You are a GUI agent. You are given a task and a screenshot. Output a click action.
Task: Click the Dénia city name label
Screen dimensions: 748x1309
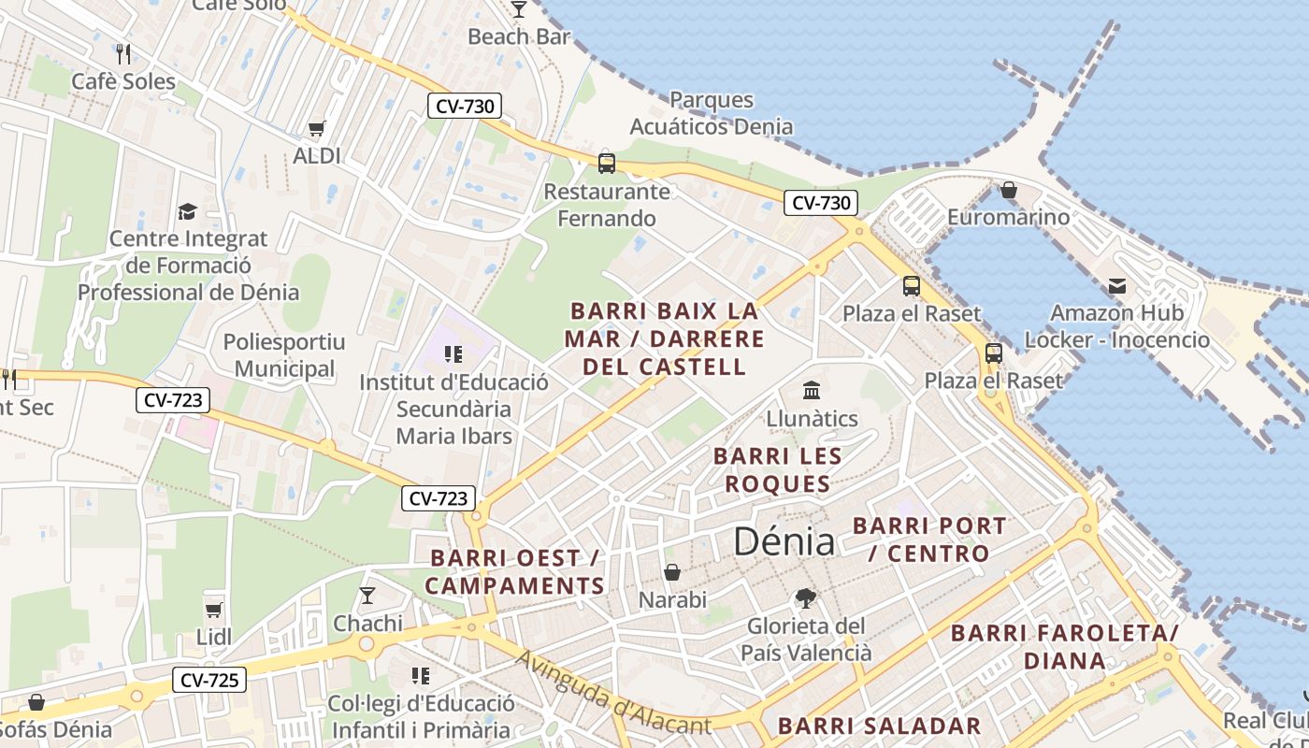point(784,541)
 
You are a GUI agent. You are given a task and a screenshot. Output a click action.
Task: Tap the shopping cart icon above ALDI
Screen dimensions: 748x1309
point(317,128)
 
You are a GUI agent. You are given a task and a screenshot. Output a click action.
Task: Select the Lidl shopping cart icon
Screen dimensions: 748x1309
point(214,610)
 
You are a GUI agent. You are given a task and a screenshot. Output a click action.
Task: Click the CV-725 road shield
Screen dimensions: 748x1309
point(209,680)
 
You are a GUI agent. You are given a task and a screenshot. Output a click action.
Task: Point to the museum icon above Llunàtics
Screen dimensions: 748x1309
point(812,390)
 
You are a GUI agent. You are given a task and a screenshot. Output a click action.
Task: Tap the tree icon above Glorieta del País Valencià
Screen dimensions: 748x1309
point(805,597)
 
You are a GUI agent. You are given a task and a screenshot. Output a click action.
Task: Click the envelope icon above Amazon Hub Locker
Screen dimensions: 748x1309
point(1116,285)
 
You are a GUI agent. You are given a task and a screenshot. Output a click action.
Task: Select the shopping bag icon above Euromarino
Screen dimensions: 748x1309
point(1008,190)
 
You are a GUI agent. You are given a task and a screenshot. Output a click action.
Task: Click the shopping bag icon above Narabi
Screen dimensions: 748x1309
point(671,571)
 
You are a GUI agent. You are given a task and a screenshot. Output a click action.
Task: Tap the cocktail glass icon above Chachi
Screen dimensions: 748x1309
point(367,596)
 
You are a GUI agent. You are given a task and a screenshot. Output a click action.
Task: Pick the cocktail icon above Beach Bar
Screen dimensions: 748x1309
point(519,9)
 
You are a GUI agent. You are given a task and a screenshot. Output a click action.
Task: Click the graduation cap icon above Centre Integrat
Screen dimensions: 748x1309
point(188,211)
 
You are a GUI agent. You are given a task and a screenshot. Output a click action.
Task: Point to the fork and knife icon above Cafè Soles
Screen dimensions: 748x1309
point(122,53)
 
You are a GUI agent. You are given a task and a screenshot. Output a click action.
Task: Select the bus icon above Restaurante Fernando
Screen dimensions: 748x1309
point(607,164)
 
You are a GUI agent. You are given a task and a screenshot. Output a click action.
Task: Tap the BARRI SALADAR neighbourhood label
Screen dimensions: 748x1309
point(879,726)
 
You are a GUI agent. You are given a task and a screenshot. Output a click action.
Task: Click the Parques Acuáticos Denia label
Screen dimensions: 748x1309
point(711,113)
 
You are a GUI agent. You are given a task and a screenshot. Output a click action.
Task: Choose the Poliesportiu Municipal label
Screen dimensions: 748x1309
point(284,355)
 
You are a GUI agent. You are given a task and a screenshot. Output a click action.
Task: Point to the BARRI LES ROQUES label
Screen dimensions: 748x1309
point(778,470)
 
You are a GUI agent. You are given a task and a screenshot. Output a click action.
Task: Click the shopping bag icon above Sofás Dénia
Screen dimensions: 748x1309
point(36,701)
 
